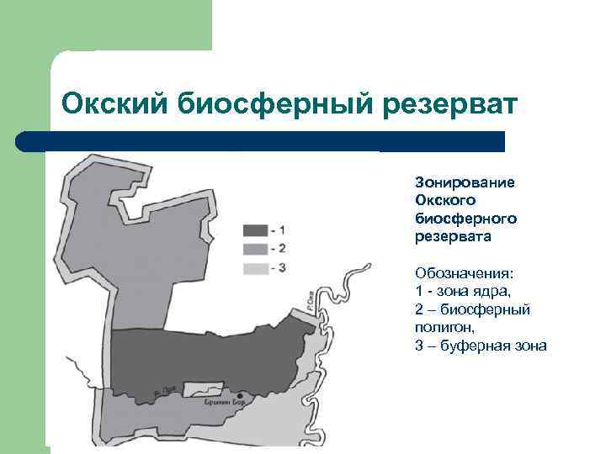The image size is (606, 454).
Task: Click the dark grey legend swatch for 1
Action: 255,230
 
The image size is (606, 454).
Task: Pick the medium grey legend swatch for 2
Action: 255,249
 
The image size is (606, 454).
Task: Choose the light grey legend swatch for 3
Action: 255,268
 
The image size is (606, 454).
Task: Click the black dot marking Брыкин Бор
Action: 242,395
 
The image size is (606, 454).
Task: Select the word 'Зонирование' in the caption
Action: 465,182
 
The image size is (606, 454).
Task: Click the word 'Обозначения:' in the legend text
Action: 464,273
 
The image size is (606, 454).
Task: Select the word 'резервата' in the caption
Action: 453,237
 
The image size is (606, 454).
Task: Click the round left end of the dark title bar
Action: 24,141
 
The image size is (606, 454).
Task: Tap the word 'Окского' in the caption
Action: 445,200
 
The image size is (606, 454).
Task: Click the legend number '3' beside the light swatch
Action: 282,268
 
